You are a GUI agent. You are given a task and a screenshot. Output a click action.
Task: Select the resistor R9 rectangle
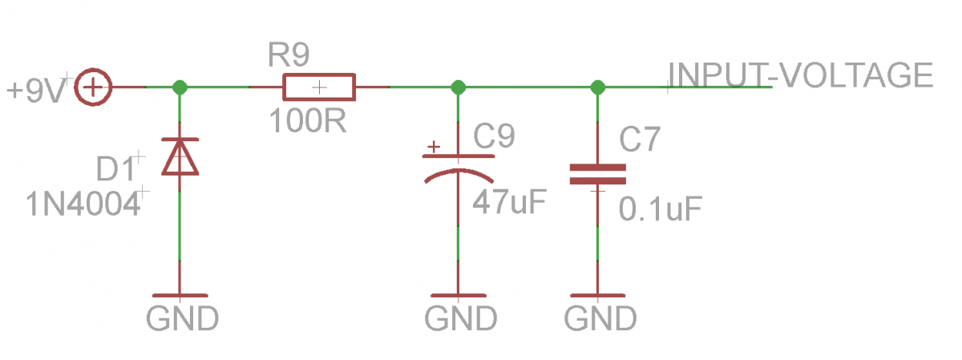[319, 87]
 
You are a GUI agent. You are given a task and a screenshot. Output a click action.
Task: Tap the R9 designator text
[288, 55]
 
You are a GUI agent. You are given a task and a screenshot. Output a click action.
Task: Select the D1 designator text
[117, 169]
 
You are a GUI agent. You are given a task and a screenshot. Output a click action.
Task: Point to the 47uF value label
[508, 200]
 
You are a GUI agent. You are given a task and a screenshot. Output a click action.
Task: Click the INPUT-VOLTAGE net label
[802, 75]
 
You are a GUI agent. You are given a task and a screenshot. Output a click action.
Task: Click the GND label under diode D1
[182, 319]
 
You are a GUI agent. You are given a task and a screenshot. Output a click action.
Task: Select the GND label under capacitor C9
[460, 319]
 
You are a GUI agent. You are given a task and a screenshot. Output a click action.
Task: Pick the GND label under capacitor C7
[600, 319]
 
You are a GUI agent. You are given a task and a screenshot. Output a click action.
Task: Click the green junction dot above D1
[180, 87]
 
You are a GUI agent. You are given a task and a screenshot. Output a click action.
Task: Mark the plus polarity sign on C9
[434, 147]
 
